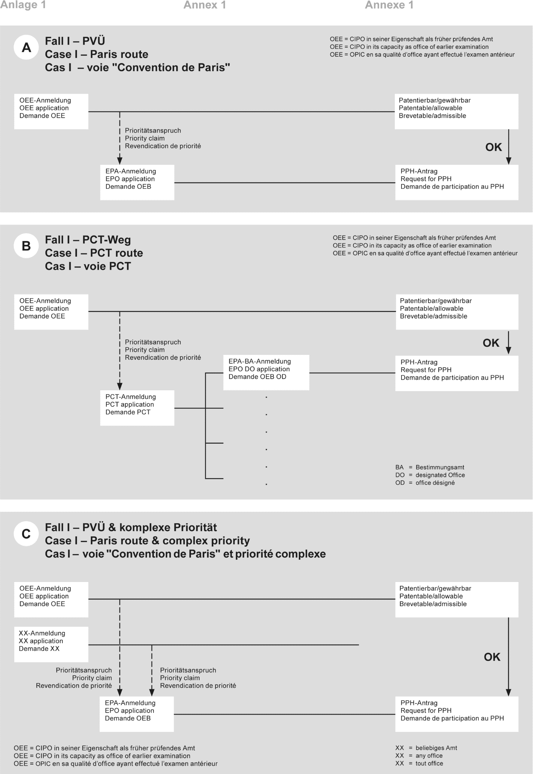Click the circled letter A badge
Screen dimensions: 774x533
click(x=26, y=48)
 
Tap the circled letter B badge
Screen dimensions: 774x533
click(x=26, y=246)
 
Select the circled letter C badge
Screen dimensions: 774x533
click(x=26, y=534)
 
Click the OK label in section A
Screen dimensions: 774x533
click(x=493, y=147)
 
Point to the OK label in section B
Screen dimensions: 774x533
click(x=491, y=343)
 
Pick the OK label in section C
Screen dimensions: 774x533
click(x=492, y=657)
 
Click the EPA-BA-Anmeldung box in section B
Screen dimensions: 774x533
click(x=266, y=372)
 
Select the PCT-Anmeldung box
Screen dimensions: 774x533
click(x=137, y=408)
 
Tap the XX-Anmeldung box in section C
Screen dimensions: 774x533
click(x=51, y=644)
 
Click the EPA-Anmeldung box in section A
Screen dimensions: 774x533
click(x=137, y=182)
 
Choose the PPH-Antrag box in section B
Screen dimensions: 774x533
click(x=456, y=373)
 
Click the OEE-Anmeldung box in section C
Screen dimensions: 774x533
click(x=51, y=599)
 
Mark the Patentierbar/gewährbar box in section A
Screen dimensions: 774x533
click(x=456, y=111)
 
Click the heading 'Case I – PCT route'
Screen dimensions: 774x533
click(x=94, y=253)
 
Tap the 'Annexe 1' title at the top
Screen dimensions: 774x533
click(x=389, y=5)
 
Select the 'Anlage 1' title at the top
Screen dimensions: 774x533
click(x=23, y=5)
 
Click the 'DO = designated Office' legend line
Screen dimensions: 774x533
click(x=430, y=475)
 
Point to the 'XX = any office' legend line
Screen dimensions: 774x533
click(x=419, y=756)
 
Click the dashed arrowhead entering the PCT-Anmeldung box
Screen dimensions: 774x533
click(x=120, y=386)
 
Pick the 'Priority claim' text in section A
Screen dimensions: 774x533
click(x=145, y=138)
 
